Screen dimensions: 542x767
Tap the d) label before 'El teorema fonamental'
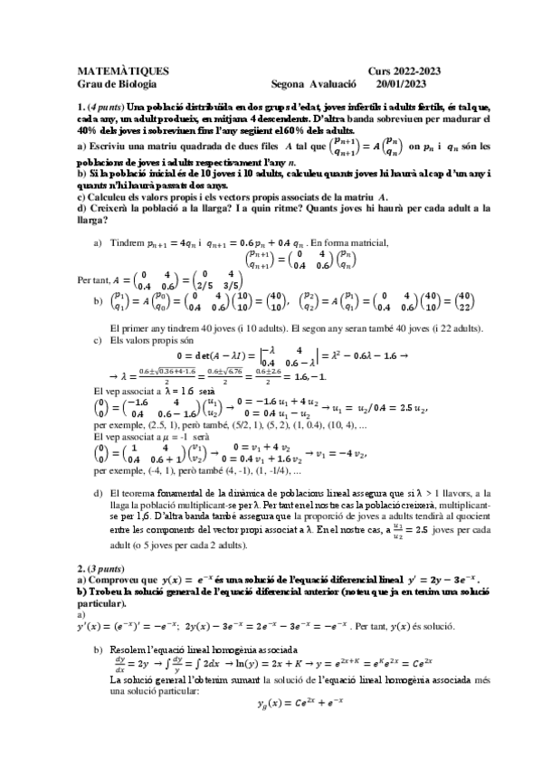coord(99,493)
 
